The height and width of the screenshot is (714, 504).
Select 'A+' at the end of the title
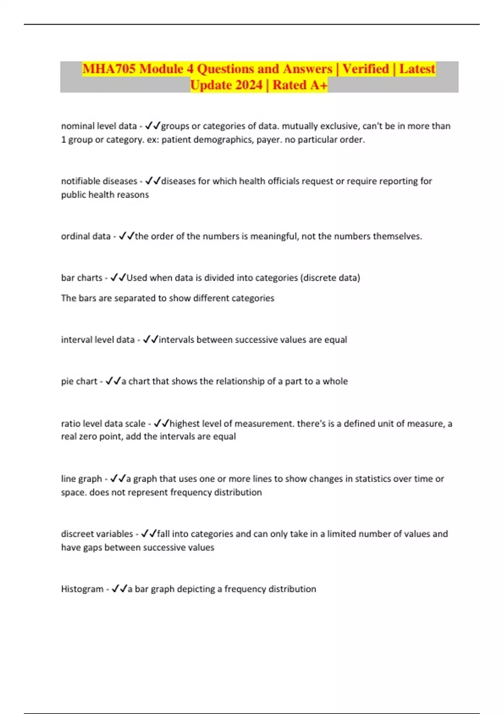point(319,85)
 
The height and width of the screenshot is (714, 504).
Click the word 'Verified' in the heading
point(365,69)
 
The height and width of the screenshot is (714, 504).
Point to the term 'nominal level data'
point(99,126)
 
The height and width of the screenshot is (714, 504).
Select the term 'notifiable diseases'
point(99,181)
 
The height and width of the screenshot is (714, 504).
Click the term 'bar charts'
point(81,278)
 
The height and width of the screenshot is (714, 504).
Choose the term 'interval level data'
point(97,339)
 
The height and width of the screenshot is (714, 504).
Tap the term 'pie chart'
point(79,381)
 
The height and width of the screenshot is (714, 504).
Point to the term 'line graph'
point(81,479)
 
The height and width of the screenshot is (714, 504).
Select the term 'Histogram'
point(82,589)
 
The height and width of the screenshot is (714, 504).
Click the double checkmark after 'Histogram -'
point(119,589)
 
